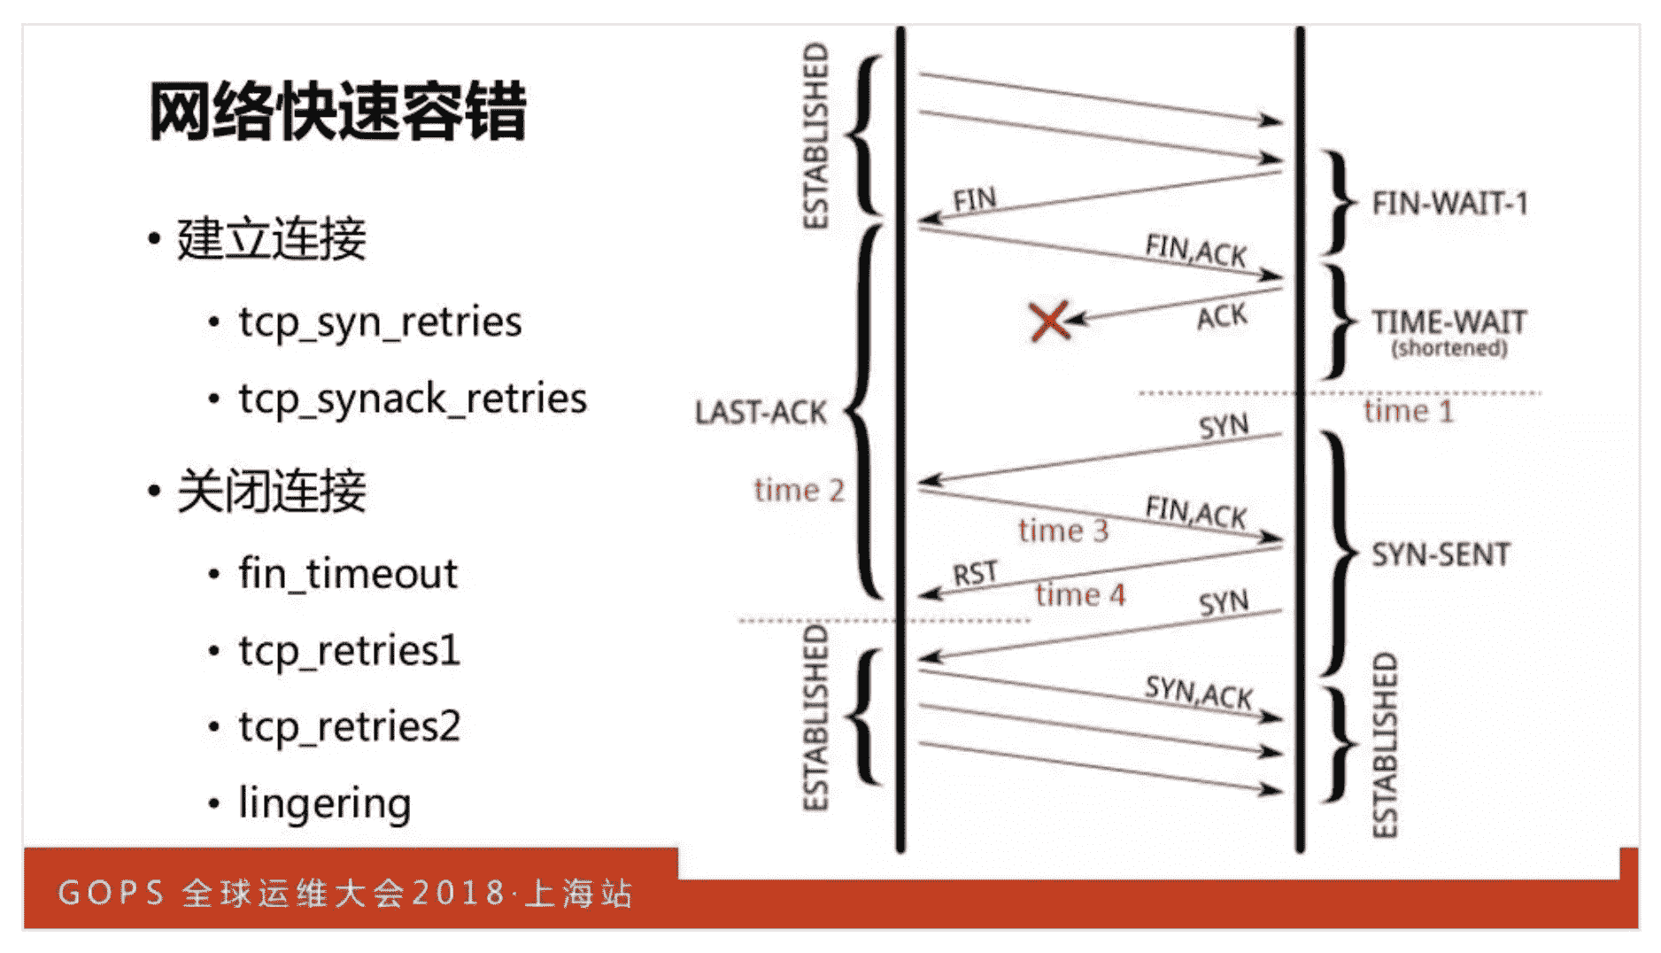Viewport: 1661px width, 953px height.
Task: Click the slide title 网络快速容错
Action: click(337, 112)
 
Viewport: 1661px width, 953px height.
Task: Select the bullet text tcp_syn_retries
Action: click(380, 322)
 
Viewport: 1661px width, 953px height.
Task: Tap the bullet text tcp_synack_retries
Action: click(412, 399)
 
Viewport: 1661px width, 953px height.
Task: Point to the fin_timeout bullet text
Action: click(348, 574)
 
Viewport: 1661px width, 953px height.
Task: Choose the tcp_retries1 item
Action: click(350, 651)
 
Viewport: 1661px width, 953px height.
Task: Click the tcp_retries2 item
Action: click(350, 727)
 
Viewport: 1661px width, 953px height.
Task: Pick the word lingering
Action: click(325, 804)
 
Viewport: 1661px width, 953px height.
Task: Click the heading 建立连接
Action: click(271, 239)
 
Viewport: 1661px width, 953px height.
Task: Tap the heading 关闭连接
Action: click(271, 492)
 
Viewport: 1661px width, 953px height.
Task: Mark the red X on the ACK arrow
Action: click(1050, 322)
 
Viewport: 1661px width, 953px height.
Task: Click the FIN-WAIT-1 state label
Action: click(1450, 205)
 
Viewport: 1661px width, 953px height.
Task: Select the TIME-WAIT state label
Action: click(1449, 322)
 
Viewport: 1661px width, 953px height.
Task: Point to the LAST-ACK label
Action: click(761, 413)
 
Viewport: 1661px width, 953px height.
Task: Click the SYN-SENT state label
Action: click(1441, 555)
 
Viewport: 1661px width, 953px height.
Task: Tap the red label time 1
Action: click(1409, 412)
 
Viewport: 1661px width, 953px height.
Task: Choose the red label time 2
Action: click(799, 491)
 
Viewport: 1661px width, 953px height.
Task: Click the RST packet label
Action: click(975, 575)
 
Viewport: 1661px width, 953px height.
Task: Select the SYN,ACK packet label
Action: click(1199, 692)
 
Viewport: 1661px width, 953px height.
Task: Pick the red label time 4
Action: click(1080, 595)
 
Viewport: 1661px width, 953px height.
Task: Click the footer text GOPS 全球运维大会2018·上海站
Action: click(345, 893)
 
